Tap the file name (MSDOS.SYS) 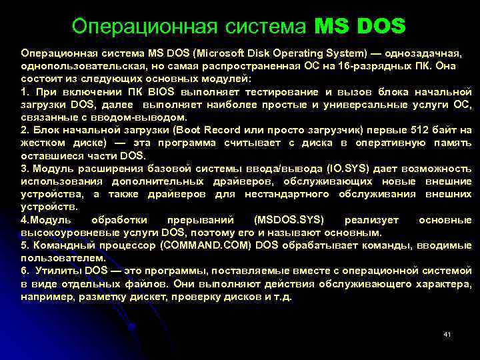click(x=289, y=220)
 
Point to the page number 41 click(x=447, y=333)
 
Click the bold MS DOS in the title click(x=359, y=26)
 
